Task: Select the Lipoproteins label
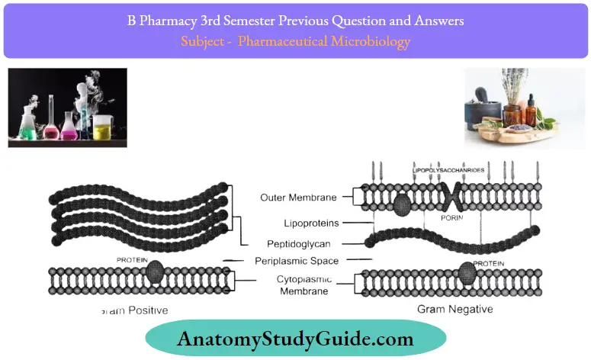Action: coord(309,223)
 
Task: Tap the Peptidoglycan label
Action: coord(304,244)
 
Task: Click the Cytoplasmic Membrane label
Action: coord(304,285)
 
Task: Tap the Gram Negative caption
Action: coord(454,310)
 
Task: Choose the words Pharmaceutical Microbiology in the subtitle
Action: coord(324,41)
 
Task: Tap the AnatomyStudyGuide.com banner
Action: coord(296,339)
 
